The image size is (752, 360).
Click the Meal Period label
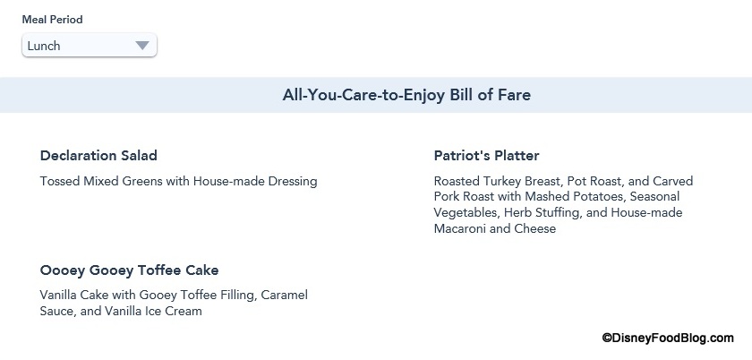[52, 20]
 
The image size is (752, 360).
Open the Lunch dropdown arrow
[142, 46]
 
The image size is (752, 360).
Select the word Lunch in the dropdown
[44, 46]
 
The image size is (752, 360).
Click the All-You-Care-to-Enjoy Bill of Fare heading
[406, 95]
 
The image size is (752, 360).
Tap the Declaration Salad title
[98, 156]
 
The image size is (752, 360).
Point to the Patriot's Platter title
[486, 156]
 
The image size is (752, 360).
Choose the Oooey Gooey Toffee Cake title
[129, 270]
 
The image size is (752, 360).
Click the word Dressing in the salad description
[293, 182]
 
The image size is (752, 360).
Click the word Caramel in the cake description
[286, 295]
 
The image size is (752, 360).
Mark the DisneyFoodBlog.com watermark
[668, 338]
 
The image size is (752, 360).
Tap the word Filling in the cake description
[239, 296]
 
